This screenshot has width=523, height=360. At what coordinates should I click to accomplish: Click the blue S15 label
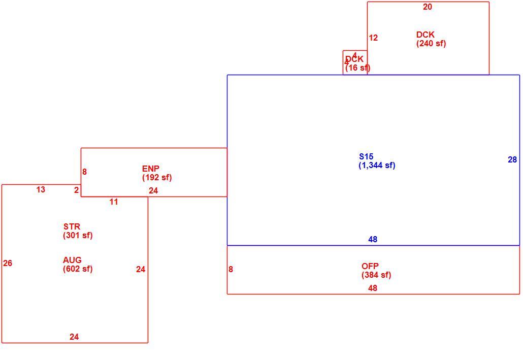pyautogui.click(x=366, y=156)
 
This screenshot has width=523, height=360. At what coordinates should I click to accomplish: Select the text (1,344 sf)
pyautogui.click(x=377, y=165)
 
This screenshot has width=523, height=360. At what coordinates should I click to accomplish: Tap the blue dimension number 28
pyautogui.click(x=512, y=160)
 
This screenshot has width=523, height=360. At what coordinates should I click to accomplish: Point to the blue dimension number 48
pyautogui.click(x=373, y=239)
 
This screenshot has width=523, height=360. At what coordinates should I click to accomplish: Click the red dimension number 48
pyautogui.click(x=373, y=288)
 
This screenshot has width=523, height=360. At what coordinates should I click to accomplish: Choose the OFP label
pyautogui.click(x=370, y=266)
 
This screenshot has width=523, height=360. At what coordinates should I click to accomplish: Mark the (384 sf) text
pyautogui.click(x=376, y=275)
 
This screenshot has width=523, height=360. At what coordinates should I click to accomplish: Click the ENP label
pyautogui.click(x=150, y=169)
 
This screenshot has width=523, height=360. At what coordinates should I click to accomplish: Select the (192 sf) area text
pyautogui.click(x=157, y=177)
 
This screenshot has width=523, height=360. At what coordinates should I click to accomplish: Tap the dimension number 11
pyautogui.click(x=114, y=202)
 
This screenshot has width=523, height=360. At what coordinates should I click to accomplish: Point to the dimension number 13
pyautogui.click(x=41, y=189)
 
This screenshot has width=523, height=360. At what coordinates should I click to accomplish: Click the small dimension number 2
pyautogui.click(x=76, y=190)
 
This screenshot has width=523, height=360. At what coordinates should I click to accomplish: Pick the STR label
pyautogui.click(x=72, y=226)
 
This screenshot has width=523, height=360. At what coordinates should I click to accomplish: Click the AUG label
pyautogui.click(x=72, y=260)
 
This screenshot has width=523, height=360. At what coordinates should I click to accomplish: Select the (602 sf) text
pyautogui.click(x=78, y=269)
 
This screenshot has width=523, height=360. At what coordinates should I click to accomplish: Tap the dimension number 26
pyautogui.click(x=8, y=263)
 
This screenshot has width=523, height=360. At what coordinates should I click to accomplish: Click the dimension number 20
pyautogui.click(x=427, y=7)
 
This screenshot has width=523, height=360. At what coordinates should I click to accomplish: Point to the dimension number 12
pyautogui.click(x=373, y=38)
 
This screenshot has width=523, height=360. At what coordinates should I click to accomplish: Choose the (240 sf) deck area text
pyautogui.click(x=431, y=43)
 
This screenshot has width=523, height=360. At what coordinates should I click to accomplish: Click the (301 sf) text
pyautogui.click(x=78, y=235)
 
